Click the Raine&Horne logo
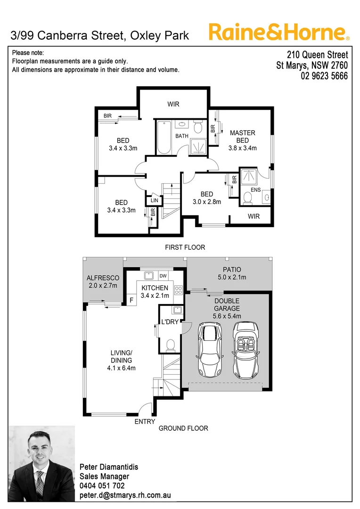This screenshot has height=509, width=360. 279,32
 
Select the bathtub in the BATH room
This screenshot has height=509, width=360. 164,137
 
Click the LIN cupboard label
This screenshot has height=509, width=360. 155,200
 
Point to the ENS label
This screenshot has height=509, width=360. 256,190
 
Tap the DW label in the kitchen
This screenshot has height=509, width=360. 163,276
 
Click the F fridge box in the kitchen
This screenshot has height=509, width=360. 131,299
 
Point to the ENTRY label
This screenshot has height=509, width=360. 145,421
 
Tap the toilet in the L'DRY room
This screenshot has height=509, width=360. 171,345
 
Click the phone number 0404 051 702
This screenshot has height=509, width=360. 102,485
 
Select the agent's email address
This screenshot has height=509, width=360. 125,495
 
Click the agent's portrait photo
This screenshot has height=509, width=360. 42,464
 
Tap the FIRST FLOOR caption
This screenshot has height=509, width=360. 185,247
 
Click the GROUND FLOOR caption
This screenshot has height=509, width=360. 183,428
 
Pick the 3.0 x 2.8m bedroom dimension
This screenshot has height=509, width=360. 207,202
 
